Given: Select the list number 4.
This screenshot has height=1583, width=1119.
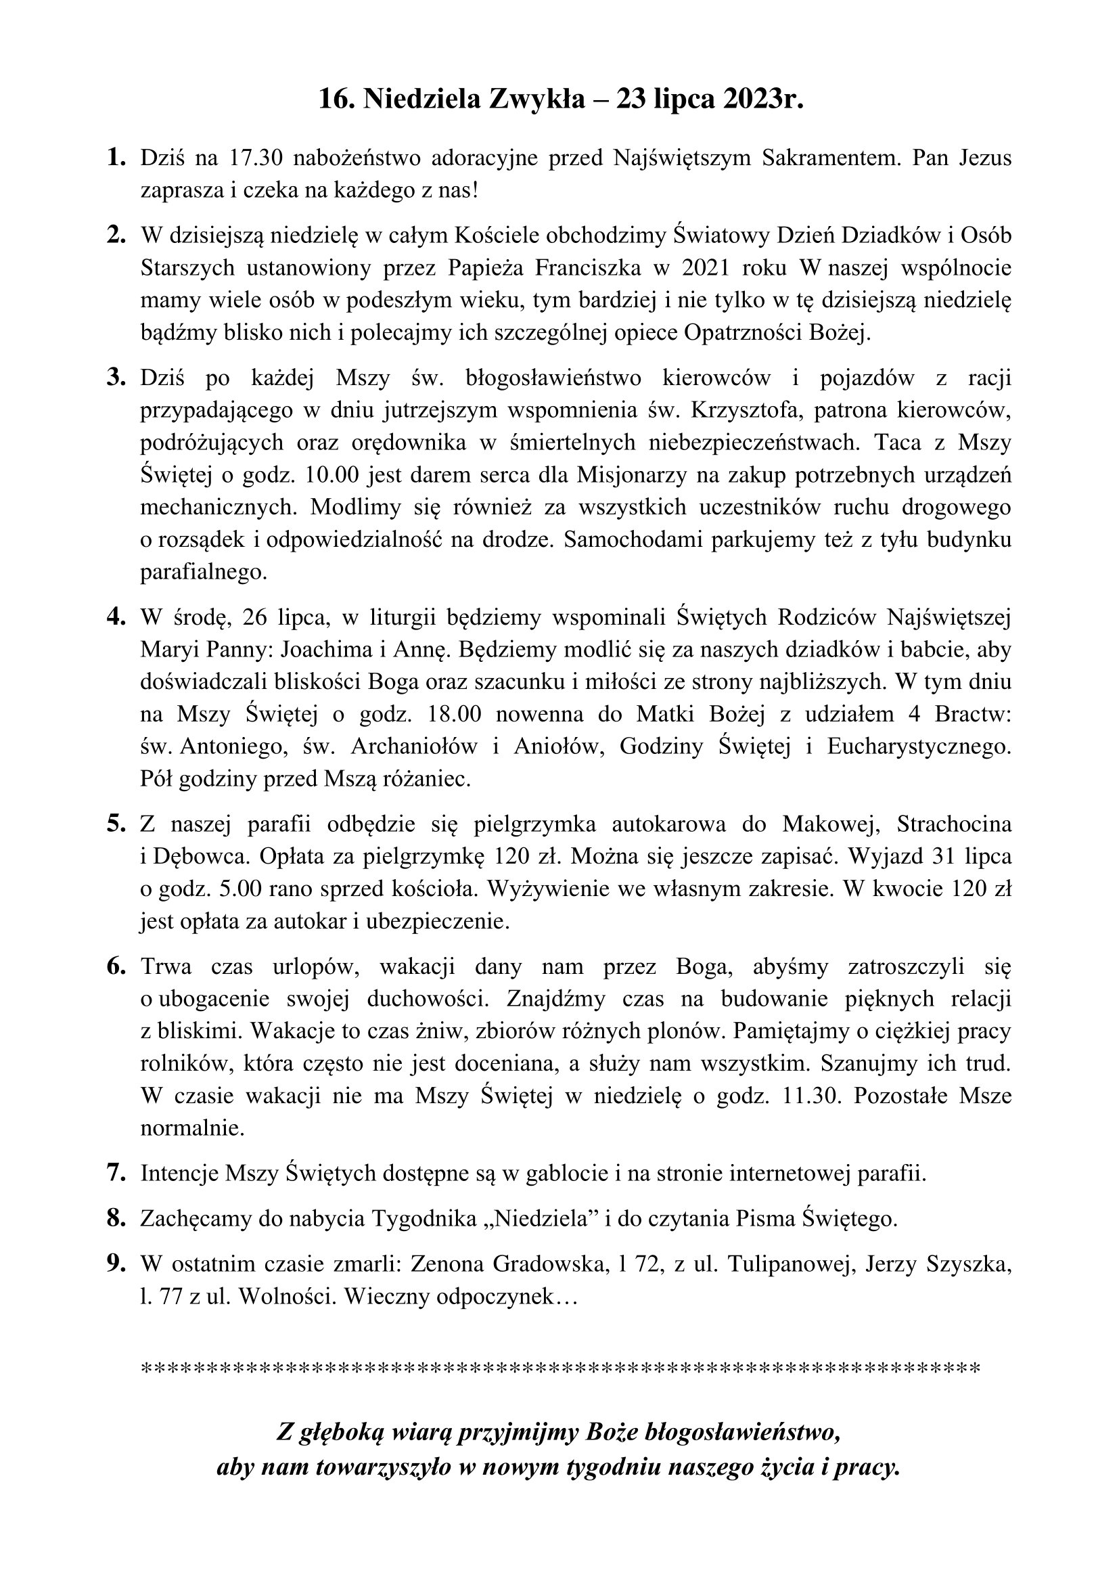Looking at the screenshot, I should (116, 617).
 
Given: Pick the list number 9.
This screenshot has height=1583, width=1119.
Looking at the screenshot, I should (116, 1264).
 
